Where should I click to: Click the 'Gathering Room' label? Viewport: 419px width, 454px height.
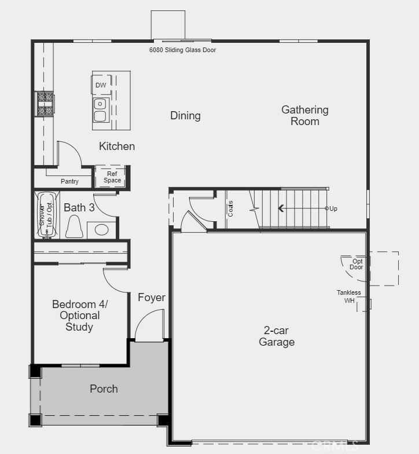[305, 115]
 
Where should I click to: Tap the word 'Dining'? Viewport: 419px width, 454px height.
[185, 116]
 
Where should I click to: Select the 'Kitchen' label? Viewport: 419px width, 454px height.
[117, 147]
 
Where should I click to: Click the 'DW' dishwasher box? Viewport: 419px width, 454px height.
[101, 85]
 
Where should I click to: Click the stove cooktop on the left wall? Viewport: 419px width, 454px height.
[45, 104]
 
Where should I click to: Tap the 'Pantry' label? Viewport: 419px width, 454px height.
[69, 182]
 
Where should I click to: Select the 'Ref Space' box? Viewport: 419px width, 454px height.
[112, 177]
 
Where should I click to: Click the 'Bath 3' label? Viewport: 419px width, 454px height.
[79, 207]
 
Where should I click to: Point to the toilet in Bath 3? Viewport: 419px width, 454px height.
[74, 226]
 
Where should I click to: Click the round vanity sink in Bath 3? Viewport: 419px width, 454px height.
[102, 229]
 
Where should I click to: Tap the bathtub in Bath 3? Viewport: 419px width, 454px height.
[46, 215]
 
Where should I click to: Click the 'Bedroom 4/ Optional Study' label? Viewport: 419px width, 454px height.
[80, 316]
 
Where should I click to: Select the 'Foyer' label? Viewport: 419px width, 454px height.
[152, 298]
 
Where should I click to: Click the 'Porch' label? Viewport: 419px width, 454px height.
[104, 389]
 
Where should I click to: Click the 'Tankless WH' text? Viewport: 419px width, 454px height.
[349, 296]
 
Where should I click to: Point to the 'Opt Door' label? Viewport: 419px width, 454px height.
[357, 264]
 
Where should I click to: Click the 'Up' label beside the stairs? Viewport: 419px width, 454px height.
[333, 208]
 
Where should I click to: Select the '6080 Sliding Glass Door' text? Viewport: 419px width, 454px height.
[183, 50]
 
